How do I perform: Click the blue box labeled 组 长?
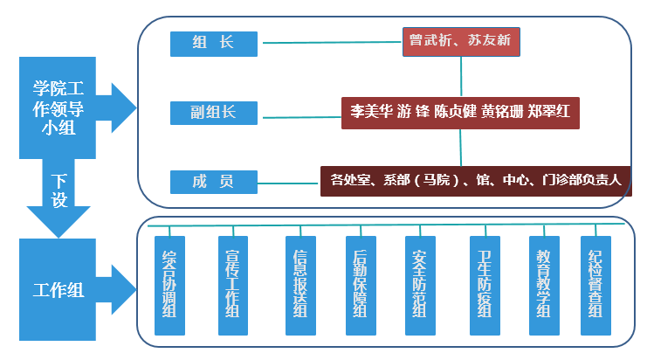click(214, 42)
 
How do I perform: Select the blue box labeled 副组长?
click(214, 112)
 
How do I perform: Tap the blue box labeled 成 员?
click(214, 181)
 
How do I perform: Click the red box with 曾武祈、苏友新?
click(461, 40)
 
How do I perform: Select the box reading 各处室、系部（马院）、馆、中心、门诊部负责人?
click(475, 180)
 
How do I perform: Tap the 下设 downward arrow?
click(59, 197)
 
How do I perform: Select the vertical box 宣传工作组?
click(231, 285)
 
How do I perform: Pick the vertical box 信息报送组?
click(299, 285)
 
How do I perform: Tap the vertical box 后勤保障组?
click(361, 285)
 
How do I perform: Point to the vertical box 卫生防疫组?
click(485, 285)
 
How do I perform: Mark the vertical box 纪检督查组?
click(596, 285)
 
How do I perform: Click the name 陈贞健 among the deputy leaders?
click(455, 113)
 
